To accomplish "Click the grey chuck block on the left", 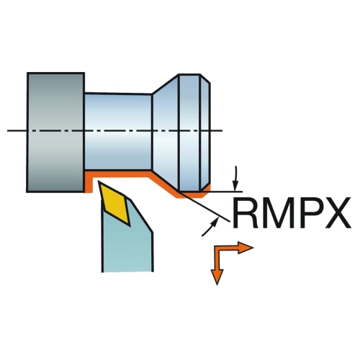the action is point(55,132).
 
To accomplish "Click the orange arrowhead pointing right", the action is point(246,248).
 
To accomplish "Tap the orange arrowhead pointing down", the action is point(217,276).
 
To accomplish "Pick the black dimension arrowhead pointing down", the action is point(235,185).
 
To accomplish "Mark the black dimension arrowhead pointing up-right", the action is point(215,221).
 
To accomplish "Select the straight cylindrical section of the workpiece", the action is point(118,132).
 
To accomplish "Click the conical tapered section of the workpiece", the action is point(166,132).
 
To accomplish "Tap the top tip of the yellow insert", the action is point(98,181).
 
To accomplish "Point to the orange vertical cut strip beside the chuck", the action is point(89,182).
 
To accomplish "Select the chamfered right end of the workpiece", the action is point(205,132).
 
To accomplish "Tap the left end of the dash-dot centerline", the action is point(7,130).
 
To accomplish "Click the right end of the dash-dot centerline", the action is point(222,130).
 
